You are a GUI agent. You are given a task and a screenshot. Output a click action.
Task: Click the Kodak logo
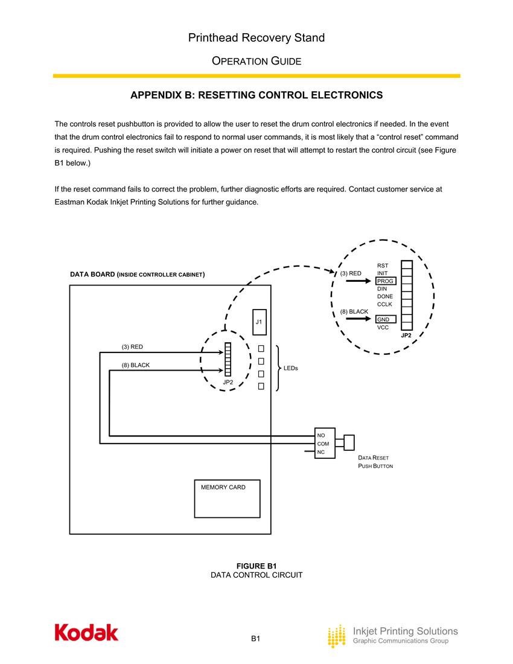click(87, 632)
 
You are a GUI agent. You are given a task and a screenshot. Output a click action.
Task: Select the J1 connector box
click(258, 322)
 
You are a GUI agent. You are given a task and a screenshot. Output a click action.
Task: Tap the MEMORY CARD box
click(227, 499)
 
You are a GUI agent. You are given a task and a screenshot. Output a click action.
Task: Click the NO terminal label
click(321, 435)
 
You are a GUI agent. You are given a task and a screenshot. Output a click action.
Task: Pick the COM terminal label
click(323, 444)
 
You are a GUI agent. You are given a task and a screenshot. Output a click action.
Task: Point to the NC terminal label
click(321, 452)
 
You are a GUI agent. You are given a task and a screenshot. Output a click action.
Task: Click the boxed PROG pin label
click(385, 281)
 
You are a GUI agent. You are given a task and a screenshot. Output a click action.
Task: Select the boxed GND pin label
click(384, 319)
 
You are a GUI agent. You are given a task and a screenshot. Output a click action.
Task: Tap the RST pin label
click(383, 266)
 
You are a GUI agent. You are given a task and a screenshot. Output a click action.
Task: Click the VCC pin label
click(383, 327)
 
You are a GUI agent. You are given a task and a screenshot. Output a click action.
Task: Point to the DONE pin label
click(384, 296)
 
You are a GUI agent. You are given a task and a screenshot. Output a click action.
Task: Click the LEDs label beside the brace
click(292, 368)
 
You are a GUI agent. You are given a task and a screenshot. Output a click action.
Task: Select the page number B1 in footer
click(256, 638)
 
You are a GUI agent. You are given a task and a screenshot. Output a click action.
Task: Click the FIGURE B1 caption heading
click(256, 566)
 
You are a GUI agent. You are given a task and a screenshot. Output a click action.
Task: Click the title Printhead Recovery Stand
click(256, 38)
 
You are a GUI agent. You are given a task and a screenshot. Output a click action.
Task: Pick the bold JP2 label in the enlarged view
click(406, 335)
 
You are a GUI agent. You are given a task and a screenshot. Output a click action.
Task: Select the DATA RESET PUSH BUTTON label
click(376, 462)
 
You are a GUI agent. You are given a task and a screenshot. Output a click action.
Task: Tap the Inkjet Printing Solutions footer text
click(405, 631)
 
